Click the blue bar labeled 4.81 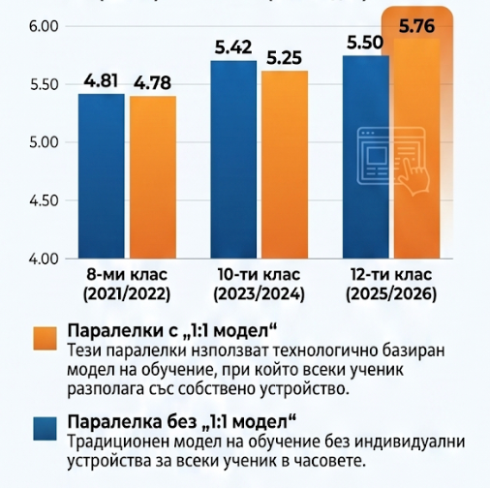(x=102, y=176)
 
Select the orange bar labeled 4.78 (x=153, y=177)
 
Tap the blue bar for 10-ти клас (x=233, y=160)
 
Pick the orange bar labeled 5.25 (x=285, y=165)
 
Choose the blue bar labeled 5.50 (x=366, y=157)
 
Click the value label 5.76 (x=416, y=26)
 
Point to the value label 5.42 (x=233, y=47)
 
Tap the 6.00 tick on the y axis (x=45, y=26)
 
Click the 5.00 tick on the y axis (x=45, y=142)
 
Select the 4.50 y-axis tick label (x=45, y=200)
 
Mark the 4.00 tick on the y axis (x=45, y=259)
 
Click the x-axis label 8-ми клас (x=127, y=275)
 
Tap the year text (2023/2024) (x=259, y=294)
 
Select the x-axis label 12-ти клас (x=391, y=275)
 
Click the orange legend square (x=45, y=338)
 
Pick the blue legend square (x=45, y=429)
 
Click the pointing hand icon (x=415, y=176)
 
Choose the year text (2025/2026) (x=391, y=294)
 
